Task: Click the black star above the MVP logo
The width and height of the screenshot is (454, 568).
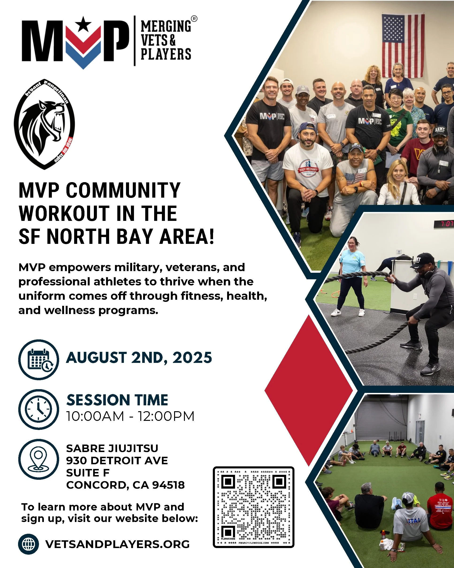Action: click(83, 24)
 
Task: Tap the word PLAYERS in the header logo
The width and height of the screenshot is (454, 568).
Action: click(166, 54)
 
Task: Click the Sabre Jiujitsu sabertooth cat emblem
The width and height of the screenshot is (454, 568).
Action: click(44, 124)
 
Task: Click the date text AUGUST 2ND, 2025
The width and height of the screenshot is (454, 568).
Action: click(139, 358)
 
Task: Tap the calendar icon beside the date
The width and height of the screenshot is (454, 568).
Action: click(39, 359)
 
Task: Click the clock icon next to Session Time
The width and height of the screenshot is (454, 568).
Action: click(39, 409)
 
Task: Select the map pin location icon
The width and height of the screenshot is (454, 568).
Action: click(39, 459)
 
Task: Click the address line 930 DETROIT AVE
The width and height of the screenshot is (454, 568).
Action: click(117, 461)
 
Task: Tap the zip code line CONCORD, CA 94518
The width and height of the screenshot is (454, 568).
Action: click(125, 485)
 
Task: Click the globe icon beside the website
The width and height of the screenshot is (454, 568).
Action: click(28, 544)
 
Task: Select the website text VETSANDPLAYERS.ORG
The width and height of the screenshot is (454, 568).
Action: click(118, 544)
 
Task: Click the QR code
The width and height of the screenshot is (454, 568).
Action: click(253, 507)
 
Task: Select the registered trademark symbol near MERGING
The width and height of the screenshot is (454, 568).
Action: click(194, 19)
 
